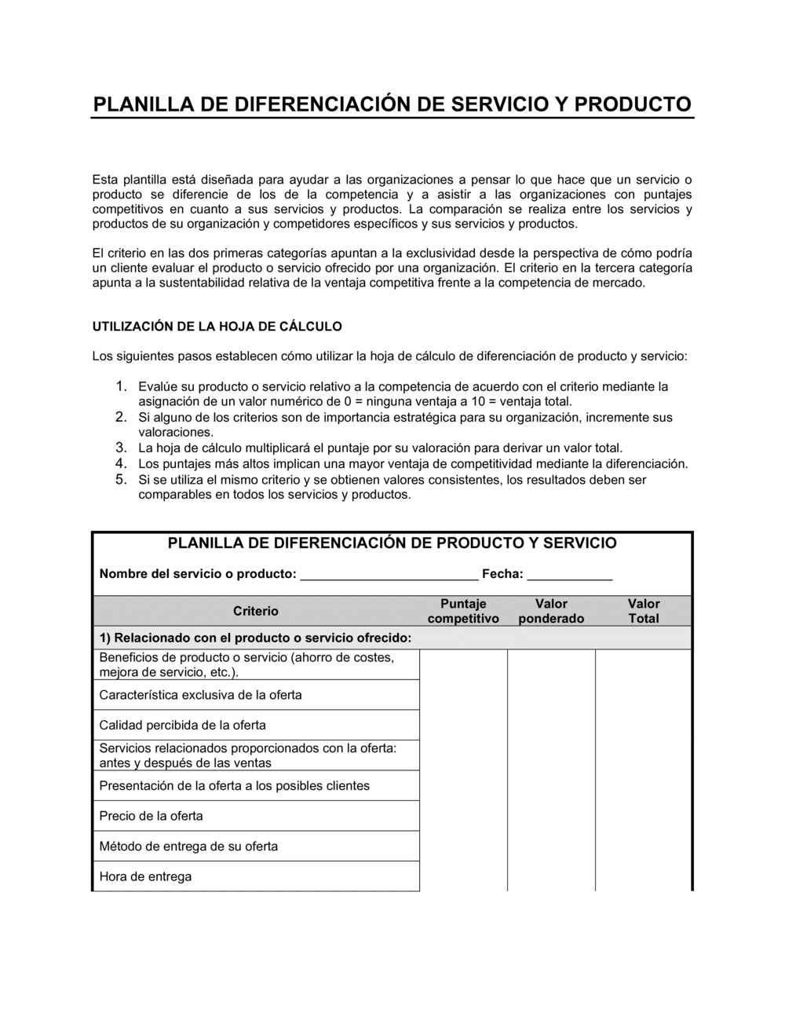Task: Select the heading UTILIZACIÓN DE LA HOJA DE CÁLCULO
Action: point(217,326)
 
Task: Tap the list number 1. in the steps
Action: point(121,386)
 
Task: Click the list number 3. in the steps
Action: point(121,448)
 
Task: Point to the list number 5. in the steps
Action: point(121,479)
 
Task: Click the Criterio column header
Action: point(256,611)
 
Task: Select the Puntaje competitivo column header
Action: point(463,611)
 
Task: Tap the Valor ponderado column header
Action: point(551,611)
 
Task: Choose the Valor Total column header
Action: point(644,611)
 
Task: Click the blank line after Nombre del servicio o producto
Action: point(389,574)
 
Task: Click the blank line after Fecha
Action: point(570,574)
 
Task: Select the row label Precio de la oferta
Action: point(151,816)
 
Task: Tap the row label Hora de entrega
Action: point(145,876)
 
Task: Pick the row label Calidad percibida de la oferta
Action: point(182,725)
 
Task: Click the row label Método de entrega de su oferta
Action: point(188,847)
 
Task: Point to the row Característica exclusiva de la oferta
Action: point(200,695)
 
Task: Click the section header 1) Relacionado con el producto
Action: point(255,638)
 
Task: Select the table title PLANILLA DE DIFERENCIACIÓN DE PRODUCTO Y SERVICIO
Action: point(392,543)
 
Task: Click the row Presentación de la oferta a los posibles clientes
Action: point(234,786)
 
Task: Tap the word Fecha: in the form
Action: point(502,574)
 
